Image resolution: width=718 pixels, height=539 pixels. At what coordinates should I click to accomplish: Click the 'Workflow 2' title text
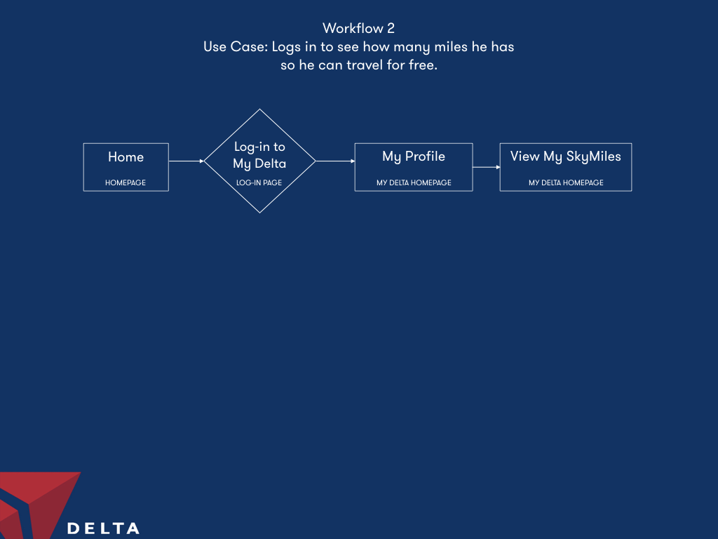point(358,28)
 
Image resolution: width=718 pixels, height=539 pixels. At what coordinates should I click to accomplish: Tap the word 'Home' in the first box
point(126,157)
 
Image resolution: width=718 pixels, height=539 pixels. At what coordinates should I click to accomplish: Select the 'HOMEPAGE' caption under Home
point(126,182)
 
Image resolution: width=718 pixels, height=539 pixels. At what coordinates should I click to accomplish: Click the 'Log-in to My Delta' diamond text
point(259,155)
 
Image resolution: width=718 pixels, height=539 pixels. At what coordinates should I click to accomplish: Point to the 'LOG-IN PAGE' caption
point(259,182)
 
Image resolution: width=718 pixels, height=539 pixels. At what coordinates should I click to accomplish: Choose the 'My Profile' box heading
point(414,157)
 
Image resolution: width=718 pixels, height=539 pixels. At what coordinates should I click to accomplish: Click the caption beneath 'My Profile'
point(414,182)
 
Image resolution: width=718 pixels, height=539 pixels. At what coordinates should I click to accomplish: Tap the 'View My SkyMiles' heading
point(566,157)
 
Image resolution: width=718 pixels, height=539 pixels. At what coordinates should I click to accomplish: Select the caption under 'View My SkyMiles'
point(566,182)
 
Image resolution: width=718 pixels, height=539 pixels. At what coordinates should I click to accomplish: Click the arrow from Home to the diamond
point(187,161)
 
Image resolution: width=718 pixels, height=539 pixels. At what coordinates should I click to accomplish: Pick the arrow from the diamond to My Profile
point(335,161)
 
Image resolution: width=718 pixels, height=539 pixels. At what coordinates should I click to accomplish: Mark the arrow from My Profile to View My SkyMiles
point(487,167)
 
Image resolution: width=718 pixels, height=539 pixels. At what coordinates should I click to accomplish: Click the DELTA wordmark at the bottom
point(104,528)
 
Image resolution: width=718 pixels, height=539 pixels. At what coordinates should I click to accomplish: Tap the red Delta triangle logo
point(36,504)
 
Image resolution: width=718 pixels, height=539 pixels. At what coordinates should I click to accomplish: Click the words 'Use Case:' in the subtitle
point(236,47)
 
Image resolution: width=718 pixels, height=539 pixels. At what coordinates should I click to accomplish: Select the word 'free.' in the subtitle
point(423,65)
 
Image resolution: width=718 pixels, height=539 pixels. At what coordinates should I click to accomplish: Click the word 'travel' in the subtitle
point(365,65)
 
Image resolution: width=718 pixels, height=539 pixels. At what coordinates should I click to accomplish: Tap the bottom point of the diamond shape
point(259,213)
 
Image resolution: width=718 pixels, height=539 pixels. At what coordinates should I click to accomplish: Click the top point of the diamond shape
point(259,109)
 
